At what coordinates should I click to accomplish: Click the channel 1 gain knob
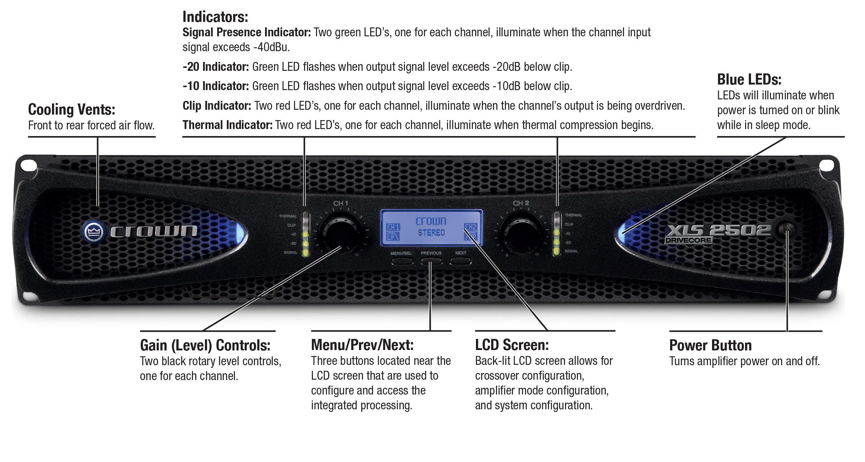pyautogui.click(x=340, y=234)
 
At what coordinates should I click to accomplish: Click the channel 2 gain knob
pyautogui.click(x=520, y=234)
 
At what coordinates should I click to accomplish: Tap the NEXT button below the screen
pyautogui.click(x=460, y=261)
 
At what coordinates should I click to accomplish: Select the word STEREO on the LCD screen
pyautogui.click(x=431, y=233)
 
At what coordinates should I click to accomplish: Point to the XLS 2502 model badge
pyautogui.click(x=718, y=230)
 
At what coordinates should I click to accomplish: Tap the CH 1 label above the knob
pyautogui.click(x=340, y=203)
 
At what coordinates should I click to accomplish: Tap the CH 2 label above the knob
pyautogui.click(x=520, y=203)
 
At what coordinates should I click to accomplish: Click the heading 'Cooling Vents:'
pyautogui.click(x=72, y=110)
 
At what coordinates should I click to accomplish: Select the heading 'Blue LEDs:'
pyautogui.click(x=749, y=80)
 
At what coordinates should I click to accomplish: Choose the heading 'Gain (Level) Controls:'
pyautogui.click(x=205, y=346)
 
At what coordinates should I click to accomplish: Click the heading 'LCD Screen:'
pyautogui.click(x=512, y=345)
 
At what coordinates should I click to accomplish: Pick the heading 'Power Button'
pyautogui.click(x=710, y=346)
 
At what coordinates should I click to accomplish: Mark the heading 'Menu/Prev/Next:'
pyautogui.click(x=362, y=345)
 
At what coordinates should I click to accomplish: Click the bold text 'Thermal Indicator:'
pyautogui.click(x=227, y=125)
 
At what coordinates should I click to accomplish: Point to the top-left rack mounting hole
pyautogui.click(x=28, y=165)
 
